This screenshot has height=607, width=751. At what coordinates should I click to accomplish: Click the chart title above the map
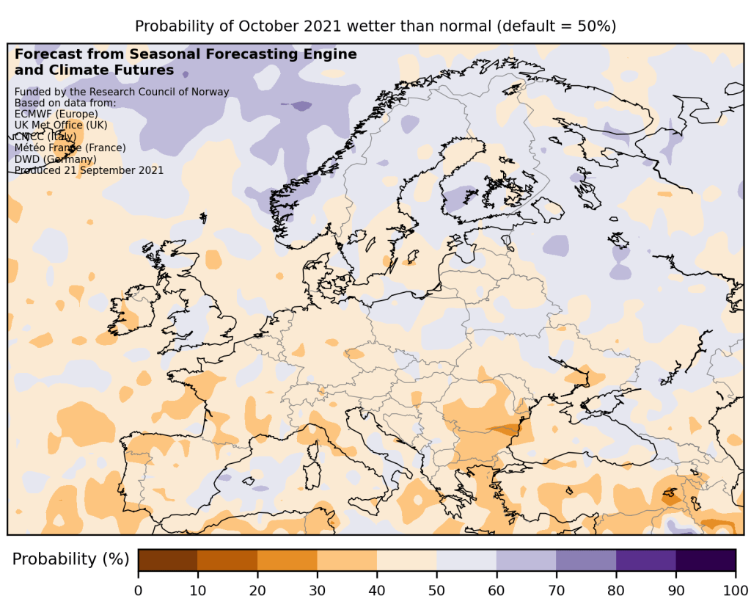click(375, 26)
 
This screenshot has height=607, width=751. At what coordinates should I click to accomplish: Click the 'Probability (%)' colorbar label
click(70, 559)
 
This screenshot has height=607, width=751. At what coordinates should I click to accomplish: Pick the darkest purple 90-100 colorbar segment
click(706, 559)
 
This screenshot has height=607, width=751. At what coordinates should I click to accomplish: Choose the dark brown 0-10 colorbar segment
click(168, 559)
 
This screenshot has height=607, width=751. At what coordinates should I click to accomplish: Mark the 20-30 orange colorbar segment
click(287, 559)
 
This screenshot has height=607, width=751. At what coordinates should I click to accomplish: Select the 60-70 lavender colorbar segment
click(526, 559)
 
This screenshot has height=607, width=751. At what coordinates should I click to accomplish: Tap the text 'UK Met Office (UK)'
click(61, 126)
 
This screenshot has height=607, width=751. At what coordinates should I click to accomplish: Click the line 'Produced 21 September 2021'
click(89, 170)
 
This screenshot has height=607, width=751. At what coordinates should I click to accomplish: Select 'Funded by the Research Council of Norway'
click(122, 92)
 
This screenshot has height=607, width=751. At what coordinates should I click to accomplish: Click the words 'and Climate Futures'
click(94, 70)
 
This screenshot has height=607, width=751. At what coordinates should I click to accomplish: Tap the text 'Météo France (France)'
click(70, 148)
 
